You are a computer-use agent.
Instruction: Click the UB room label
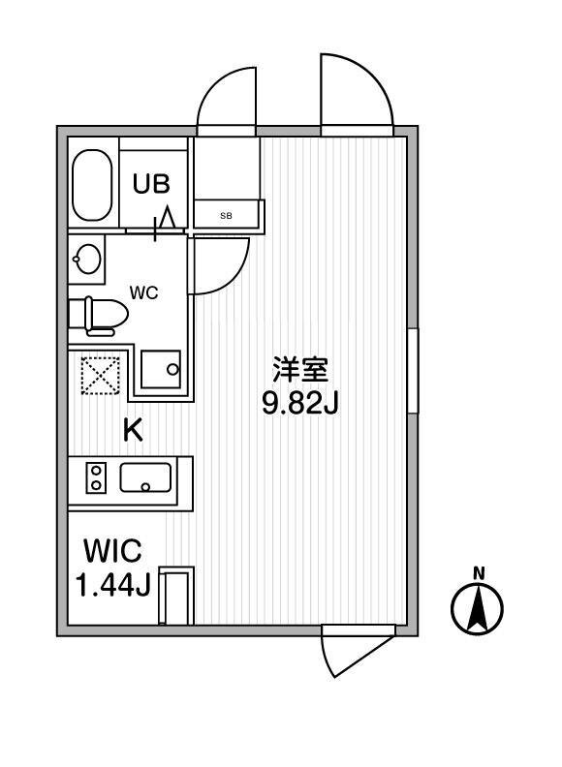click(x=152, y=183)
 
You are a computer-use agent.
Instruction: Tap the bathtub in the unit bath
click(x=92, y=185)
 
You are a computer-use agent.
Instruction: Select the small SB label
click(x=226, y=215)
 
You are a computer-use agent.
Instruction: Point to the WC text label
click(x=144, y=292)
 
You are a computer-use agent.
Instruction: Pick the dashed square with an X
click(x=101, y=375)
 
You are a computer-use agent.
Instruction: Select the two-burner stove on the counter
click(x=97, y=477)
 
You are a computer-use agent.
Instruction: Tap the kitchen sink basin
click(x=146, y=477)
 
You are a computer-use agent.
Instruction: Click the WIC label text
click(x=113, y=551)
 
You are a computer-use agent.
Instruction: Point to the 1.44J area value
click(x=113, y=585)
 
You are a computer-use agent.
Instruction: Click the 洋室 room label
click(x=300, y=370)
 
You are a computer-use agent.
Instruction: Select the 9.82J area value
click(x=300, y=404)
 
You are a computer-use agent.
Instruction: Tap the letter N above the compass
click(x=480, y=572)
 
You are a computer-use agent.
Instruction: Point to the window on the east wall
click(x=413, y=371)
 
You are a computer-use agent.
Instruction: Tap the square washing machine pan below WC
click(x=161, y=369)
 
